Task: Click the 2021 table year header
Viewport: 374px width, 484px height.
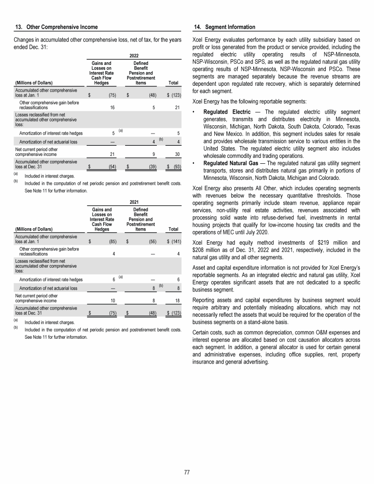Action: pyautogui.click(x=134, y=201)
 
